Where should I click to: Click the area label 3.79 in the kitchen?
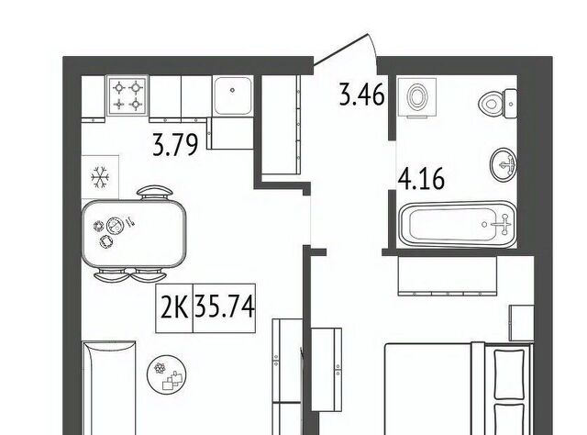pos(175,145)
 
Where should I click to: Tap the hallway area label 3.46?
pos(361,95)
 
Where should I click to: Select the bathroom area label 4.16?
pos(422,179)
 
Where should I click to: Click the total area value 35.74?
pos(225,307)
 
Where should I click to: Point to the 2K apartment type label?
pos(174,307)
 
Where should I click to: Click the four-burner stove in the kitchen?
pos(127,95)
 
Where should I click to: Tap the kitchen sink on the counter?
pos(232,96)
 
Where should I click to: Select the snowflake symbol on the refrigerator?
pos(100,177)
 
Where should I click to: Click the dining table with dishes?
pos(134,233)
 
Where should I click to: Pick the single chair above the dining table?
pos(155,193)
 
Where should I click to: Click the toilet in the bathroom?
pos(499,103)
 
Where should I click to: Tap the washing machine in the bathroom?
pos(417,98)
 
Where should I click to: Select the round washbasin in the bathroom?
pos(504,164)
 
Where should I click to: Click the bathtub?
pos(458,225)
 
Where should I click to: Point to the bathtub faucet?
pos(502,225)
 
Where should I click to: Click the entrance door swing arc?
pos(373,51)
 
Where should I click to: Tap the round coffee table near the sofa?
pos(166,374)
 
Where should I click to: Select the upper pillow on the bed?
pos(509,374)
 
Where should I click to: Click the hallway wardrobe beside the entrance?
pos(281,125)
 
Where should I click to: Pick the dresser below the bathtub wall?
pos(448,276)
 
